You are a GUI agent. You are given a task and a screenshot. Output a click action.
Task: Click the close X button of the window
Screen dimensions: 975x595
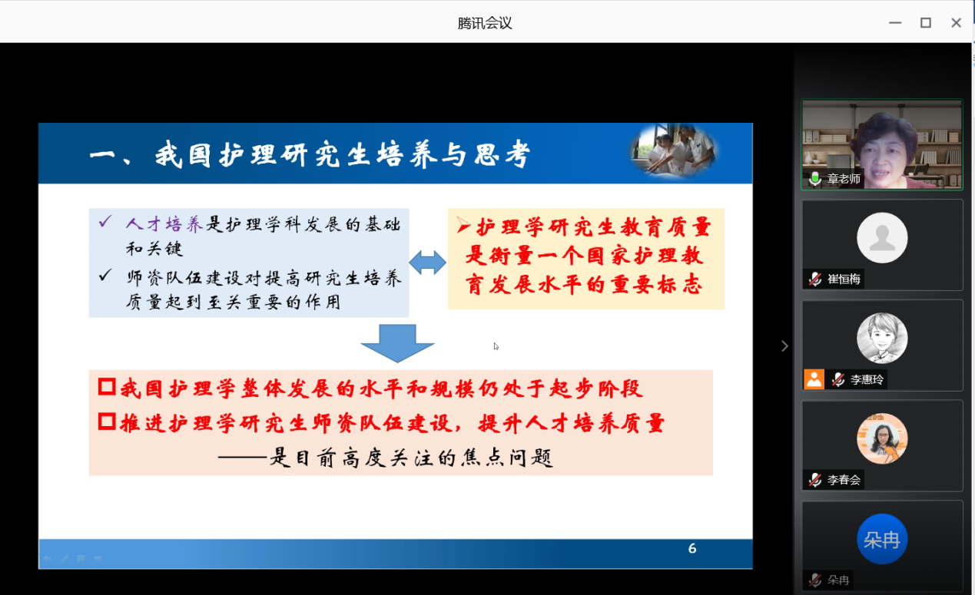tap(956, 22)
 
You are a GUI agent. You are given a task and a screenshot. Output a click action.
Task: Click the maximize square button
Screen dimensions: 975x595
tap(925, 22)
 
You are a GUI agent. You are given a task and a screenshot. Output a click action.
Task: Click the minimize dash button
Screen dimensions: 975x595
tap(895, 22)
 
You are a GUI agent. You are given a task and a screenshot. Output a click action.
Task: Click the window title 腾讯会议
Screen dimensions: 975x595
tap(485, 23)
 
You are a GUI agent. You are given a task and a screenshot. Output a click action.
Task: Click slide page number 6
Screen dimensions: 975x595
tap(692, 548)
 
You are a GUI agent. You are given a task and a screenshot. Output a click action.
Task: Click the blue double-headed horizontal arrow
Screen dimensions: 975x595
tap(427, 263)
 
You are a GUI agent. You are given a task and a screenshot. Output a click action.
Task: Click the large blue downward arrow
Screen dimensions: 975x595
tap(397, 343)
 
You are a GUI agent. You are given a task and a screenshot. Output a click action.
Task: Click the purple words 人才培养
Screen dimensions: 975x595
tap(164, 224)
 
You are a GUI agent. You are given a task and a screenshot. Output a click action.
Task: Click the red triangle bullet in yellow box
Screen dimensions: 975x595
tap(463, 225)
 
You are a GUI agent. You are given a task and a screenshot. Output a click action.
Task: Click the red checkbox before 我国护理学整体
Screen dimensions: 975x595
tap(107, 386)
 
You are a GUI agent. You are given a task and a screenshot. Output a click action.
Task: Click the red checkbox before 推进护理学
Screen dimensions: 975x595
tap(107, 421)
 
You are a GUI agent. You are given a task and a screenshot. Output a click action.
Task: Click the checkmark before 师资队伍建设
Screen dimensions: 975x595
tap(105, 275)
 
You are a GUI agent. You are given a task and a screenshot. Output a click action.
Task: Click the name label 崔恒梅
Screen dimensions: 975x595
tap(844, 279)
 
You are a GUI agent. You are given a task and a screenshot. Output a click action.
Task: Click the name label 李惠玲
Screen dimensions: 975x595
tap(867, 380)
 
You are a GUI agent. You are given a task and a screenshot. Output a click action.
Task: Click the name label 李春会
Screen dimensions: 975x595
tap(844, 480)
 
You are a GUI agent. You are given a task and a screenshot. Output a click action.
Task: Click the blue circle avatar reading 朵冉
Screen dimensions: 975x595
tap(882, 539)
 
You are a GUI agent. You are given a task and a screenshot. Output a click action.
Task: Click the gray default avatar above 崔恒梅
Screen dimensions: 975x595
tap(882, 238)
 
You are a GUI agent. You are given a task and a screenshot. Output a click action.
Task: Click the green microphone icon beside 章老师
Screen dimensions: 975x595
tap(815, 178)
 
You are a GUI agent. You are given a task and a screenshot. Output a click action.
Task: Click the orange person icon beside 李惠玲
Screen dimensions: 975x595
tap(814, 379)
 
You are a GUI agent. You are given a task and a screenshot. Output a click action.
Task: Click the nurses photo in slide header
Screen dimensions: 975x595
tap(673, 149)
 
